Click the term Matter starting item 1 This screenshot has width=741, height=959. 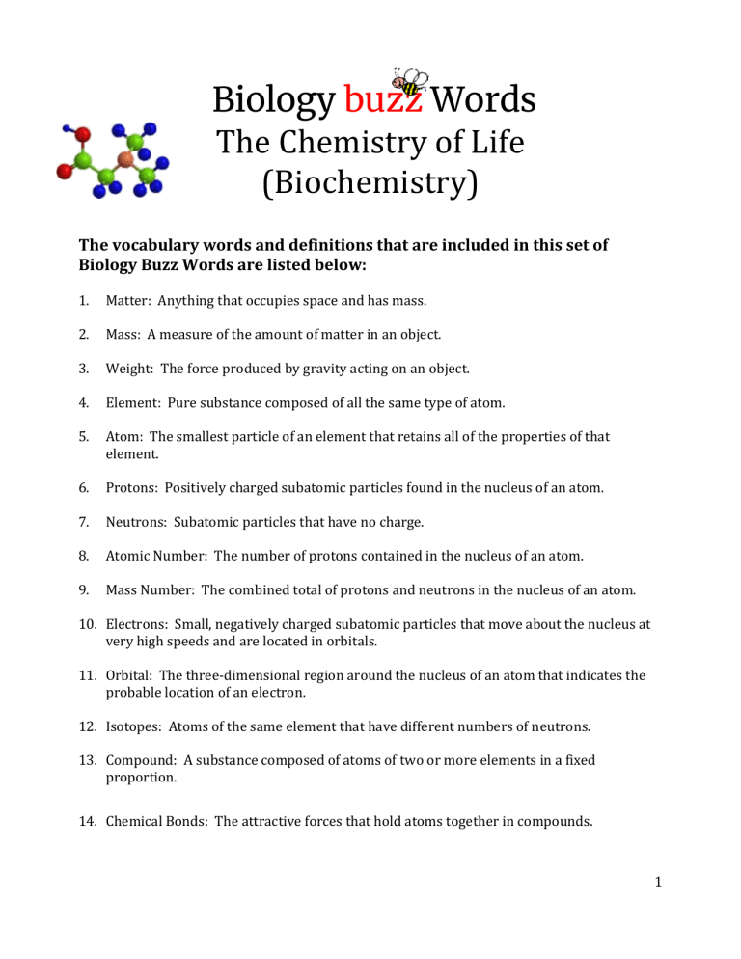point(128,299)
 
